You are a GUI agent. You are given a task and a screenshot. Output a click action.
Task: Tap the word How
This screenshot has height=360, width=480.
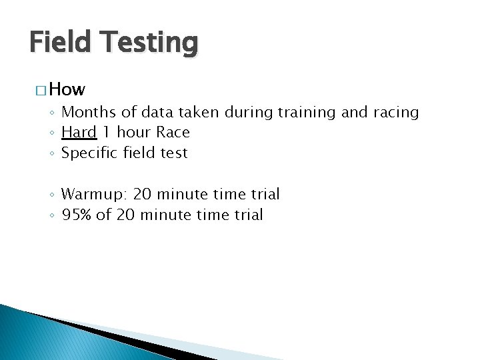[x=67, y=89]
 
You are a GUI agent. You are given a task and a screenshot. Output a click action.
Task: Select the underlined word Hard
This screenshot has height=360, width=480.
[x=79, y=133]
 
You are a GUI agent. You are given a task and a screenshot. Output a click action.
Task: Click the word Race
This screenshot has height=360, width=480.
[x=173, y=133]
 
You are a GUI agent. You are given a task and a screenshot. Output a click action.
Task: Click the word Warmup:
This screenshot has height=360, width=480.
[x=94, y=195]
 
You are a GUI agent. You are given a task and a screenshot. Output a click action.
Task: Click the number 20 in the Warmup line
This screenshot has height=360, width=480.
[x=142, y=195]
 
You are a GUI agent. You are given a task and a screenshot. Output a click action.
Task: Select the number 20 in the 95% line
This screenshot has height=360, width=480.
[x=125, y=215]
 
